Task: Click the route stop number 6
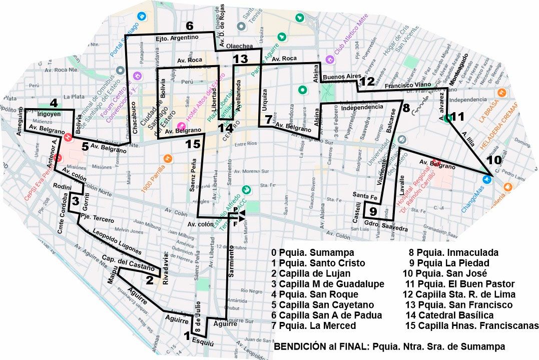tap(189, 26)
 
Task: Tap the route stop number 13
tap(240, 59)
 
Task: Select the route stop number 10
tap(493, 160)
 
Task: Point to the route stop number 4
tap(54, 104)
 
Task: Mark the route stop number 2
tap(149, 280)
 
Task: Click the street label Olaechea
tap(239, 46)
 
